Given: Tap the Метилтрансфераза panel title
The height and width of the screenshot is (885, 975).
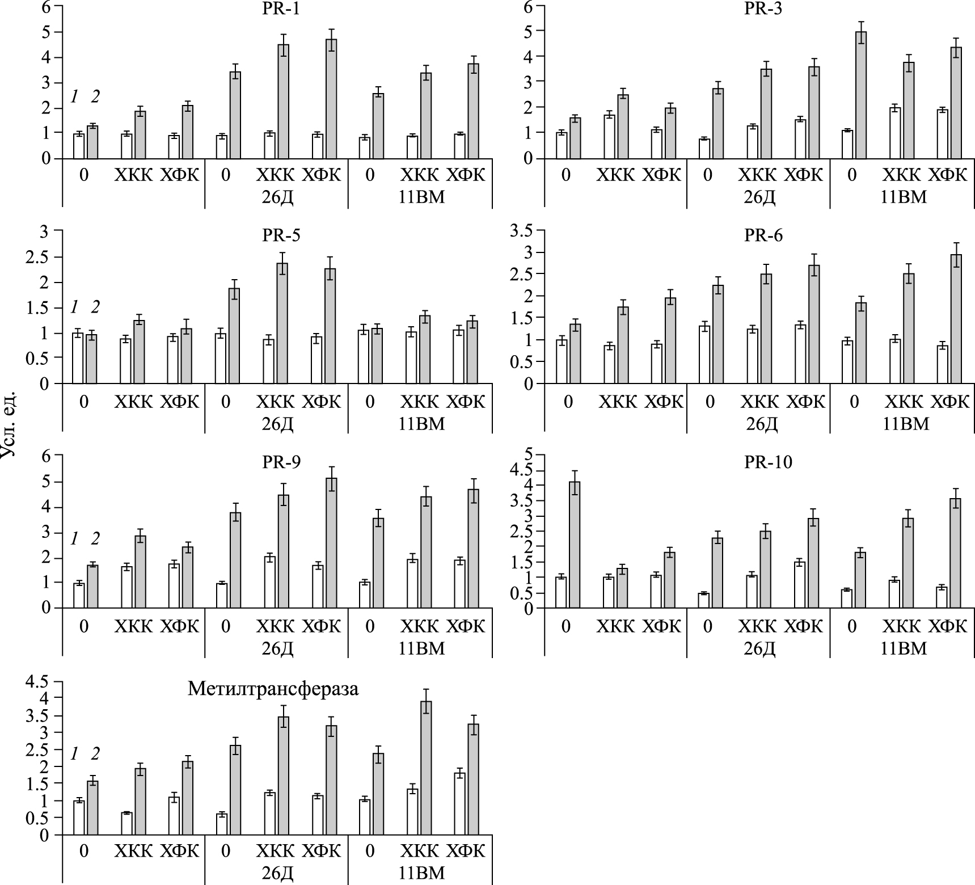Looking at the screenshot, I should pos(273,689).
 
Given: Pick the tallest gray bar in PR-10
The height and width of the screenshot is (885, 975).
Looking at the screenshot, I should pos(575,545).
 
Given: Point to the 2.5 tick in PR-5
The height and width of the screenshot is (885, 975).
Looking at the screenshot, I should pos(42,256).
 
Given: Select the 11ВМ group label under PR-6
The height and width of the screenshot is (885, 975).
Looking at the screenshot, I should pos(906,424).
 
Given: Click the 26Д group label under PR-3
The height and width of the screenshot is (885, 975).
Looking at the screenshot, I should pos(759,197).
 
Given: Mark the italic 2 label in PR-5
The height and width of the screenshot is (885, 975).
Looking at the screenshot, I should pos(95,307).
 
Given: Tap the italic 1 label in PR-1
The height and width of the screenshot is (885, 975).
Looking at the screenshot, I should pos(74,97).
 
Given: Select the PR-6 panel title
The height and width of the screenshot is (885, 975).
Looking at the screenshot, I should pos(763,235).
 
